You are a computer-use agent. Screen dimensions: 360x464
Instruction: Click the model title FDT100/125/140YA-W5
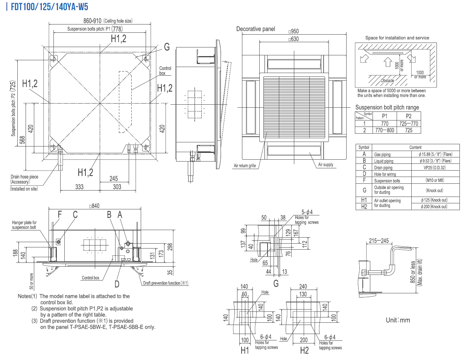(49, 7)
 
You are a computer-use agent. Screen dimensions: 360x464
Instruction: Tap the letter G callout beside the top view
(167, 47)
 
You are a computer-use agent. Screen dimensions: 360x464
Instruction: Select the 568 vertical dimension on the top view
(22, 140)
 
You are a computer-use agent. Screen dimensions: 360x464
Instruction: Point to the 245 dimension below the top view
(114, 178)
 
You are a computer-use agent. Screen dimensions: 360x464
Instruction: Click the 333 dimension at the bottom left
(79, 187)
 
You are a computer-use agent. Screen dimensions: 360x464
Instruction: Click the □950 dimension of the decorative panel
(294, 31)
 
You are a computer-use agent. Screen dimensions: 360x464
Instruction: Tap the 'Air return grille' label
(245, 166)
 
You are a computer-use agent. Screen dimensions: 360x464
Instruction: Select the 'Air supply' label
(326, 165)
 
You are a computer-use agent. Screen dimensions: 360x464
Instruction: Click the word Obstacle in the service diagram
(387, 81)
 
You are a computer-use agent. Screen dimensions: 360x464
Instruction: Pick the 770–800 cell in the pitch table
(385, 130)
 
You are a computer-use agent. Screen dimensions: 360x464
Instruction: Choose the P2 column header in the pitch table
(409, 116)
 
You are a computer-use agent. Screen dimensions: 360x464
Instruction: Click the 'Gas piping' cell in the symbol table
(382, 154)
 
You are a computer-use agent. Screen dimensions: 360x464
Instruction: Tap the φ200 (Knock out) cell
(434, 206)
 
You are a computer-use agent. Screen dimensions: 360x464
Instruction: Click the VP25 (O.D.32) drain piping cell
(434, 168)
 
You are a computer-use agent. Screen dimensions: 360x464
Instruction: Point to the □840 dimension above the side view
(94, 206)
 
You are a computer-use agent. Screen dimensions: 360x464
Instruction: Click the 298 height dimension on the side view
(170, 247)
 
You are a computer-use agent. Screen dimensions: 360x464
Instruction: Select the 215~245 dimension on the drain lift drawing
(379, 241)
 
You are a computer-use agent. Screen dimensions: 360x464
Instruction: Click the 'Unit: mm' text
(398, 320)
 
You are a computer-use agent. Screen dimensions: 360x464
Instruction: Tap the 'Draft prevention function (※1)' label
(166, 283)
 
